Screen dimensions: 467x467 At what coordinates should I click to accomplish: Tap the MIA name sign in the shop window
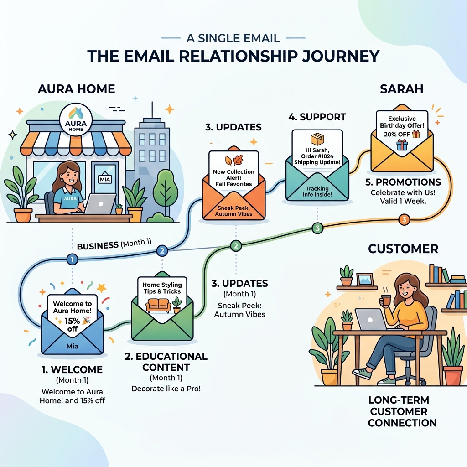(x=105, y=179)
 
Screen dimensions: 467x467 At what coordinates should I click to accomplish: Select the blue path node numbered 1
(x=72, y=259)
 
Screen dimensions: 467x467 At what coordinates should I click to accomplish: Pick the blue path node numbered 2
(x=162, y=251)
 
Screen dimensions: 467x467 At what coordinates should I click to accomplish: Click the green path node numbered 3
(x=317, y=228)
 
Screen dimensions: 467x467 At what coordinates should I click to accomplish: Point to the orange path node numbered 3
(x=404, y=220)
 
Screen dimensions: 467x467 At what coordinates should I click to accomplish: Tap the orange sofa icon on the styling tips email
(x=158, y=305)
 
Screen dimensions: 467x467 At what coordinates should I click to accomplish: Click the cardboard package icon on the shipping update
(x=317, y=139)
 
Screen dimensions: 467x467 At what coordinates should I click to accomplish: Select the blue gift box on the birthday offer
(x=402, y=145)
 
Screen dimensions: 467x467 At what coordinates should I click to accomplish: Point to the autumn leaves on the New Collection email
(x=234, y=161)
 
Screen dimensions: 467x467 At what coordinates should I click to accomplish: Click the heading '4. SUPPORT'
(x=317, y=117)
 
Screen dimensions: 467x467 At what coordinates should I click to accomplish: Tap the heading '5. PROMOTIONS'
(x=404, y=182)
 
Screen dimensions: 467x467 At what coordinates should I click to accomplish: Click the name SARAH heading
(x=401, y=89)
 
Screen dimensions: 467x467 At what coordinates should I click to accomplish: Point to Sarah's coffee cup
(x=386, y=300)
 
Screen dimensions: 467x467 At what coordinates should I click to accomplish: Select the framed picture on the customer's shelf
(x=365, y=280)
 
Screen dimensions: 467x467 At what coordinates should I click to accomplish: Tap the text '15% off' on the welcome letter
(x=72, y=325)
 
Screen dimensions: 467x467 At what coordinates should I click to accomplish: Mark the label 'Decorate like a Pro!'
(x=166, y=389)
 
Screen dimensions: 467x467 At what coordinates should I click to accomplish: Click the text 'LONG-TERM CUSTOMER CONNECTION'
(x=402, y=411)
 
